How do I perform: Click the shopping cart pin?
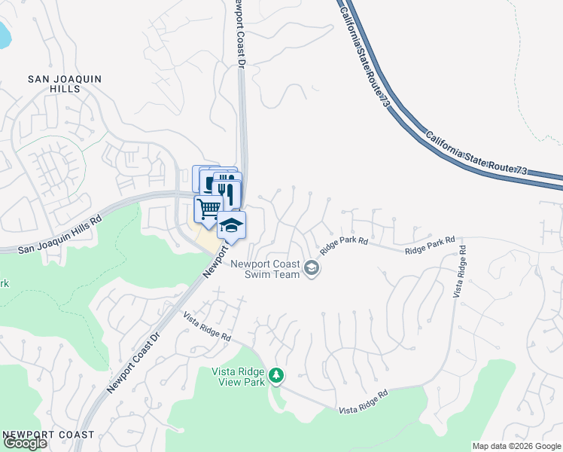tap(208, 207)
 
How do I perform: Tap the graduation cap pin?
tap(231, 224)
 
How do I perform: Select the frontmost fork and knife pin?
tap(227, 193)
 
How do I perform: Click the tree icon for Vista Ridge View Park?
tap(277, 374)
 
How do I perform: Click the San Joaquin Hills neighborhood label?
tap(64, 84)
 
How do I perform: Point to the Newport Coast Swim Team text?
tap(266, 269)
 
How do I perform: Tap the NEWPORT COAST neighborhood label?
tap(48, 435)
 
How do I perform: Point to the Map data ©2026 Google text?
tap(516, 446)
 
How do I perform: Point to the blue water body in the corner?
tap(5, 33)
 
